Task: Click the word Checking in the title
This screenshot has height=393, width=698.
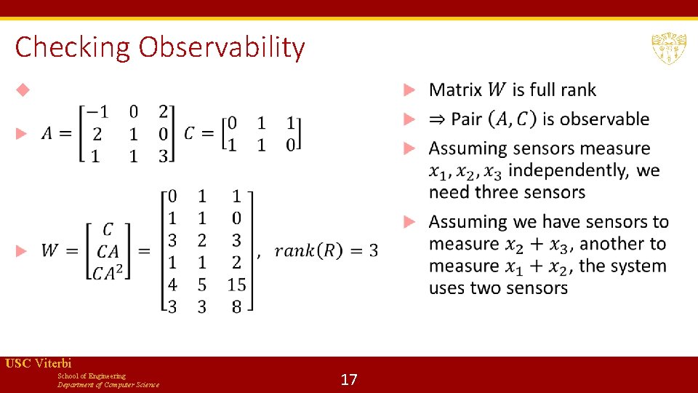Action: click(73, 47)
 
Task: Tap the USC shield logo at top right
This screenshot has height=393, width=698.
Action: click(668, 48)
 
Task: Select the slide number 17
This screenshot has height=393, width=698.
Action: click(349, 379)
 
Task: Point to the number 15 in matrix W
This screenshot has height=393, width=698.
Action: click(236, 285)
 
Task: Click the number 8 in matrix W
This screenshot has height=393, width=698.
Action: click(236, 307)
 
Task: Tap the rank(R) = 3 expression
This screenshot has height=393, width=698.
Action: click(326, 251)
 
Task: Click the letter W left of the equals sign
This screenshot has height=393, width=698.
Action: click(50, 251)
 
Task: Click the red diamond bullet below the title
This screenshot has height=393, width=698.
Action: click(23, 90)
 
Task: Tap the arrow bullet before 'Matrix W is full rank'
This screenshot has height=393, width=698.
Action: click(410, 90)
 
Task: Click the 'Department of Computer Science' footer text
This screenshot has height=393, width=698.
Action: click(108, 384)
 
